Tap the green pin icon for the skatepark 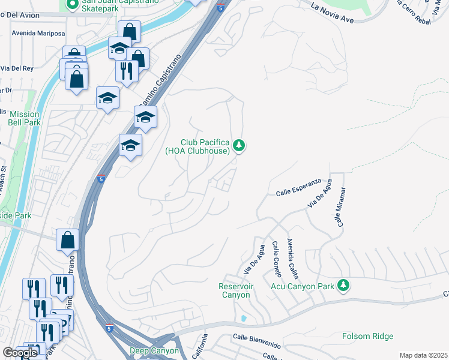coord(73,4)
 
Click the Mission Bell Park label coord(25,118)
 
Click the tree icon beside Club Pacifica coord(240,145)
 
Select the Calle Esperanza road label coord(299,187)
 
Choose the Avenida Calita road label coord(292,257)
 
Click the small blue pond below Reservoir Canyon coord(243,317)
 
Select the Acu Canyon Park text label coord(302,287)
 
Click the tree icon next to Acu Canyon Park coord(343,284)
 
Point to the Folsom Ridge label coord(368,336)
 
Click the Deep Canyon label coord(154,350)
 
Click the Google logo coord(20,353)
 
